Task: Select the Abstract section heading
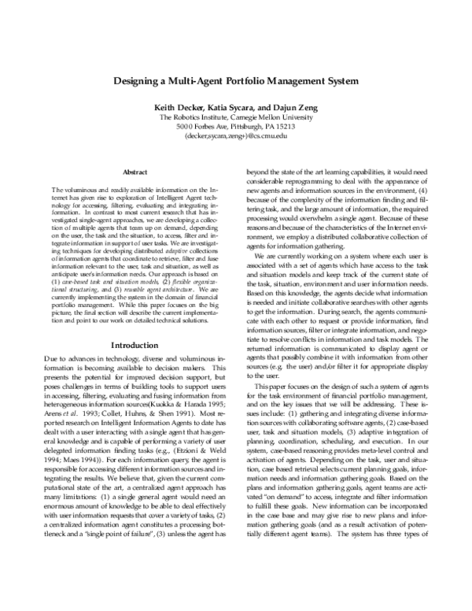(x=137, y=172)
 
